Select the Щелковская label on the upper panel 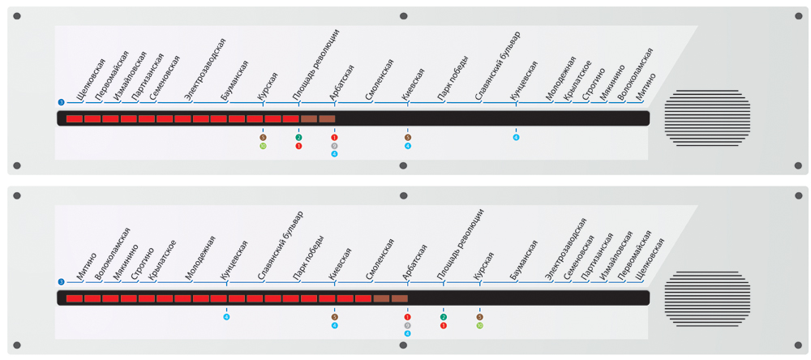(x=91, y=79)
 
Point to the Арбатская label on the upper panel (x=341, y=84)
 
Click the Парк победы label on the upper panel (x=451, y=84)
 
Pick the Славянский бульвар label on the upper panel (x=497, y=65)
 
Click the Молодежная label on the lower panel (x=200, y=259)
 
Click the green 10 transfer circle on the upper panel (x=263, y=146)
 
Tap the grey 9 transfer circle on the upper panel (x=334, y=146)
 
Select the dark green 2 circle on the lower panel (x=444, y=317)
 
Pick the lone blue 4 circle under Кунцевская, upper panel (x=516, y=137)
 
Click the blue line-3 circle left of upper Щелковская (x=61, y=101)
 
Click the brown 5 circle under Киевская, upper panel (x=408, y=137)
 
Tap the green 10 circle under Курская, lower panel (x=480, y=326)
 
